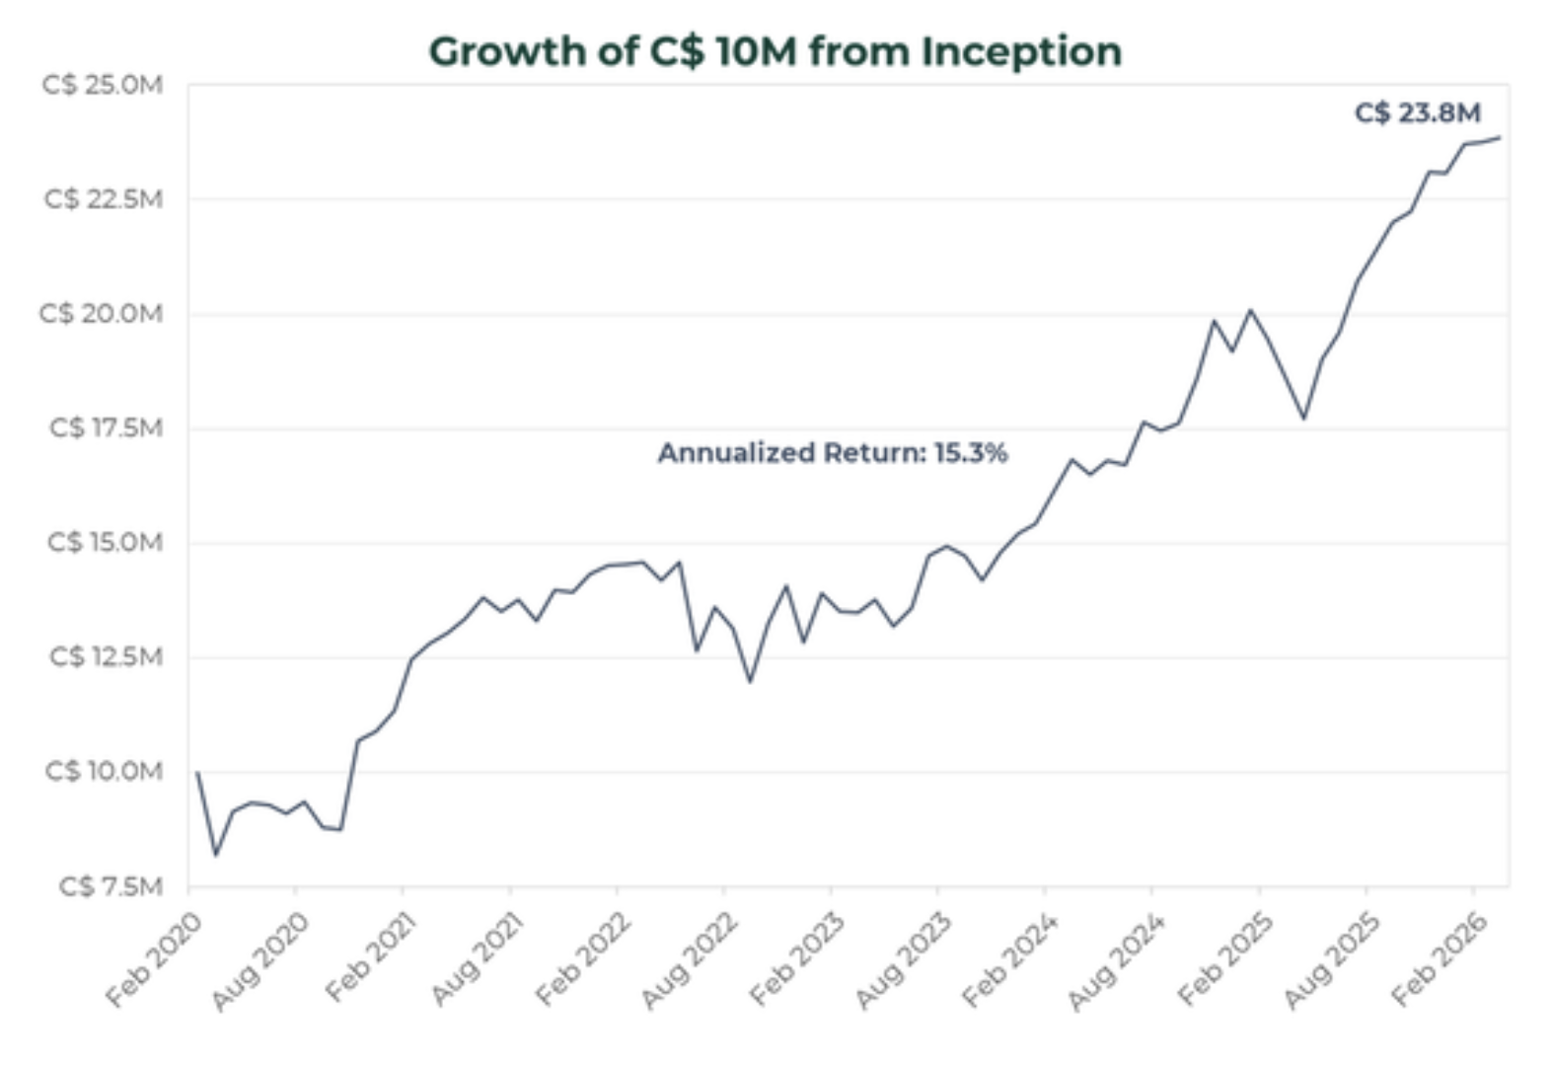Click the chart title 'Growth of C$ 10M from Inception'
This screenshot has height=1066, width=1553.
tap(776, 51)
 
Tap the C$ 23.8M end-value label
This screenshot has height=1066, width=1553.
tap(1417, 113)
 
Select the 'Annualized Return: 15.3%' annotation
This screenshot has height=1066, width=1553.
tap(833, 453)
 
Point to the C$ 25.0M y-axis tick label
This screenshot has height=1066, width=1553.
tap(103, 85)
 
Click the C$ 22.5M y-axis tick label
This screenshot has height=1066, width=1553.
tap(103, 199)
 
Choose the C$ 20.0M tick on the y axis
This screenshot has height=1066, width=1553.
tap(101, 314)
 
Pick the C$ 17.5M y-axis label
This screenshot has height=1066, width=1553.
tap(106, 428)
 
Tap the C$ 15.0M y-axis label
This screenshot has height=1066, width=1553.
tap(105, 543)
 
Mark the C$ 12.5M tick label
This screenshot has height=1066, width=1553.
tap(106, 656)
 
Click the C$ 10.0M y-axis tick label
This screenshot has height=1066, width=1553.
tap(104, 771)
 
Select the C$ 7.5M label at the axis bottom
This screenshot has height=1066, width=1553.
tap(111, 886)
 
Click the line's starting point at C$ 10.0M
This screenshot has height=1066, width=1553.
tap(197, 772)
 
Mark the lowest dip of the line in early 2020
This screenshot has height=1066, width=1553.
tap(216, 855)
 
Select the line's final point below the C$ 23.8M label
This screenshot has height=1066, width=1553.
tap(1500, 137)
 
